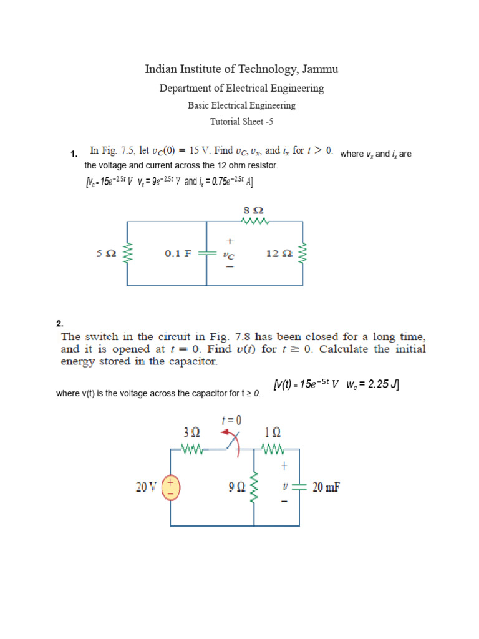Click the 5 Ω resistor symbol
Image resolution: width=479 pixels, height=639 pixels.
click(x=128, y=253)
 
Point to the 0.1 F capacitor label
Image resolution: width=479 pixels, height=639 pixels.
click(x=178, y=254)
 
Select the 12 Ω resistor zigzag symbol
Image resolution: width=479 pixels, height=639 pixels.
click(x=304, y=253)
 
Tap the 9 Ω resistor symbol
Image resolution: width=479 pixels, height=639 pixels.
click(x=254, y=487)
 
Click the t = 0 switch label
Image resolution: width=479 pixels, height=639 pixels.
click(x=231, y=421)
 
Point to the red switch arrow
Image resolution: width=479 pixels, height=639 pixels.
click(x=236, y=444)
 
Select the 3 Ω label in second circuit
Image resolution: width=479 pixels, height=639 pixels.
click(x=191, y=432)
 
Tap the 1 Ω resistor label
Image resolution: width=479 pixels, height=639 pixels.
click(x=273, y=432)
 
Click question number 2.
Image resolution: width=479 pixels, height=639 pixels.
click(x=60, y=323)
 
